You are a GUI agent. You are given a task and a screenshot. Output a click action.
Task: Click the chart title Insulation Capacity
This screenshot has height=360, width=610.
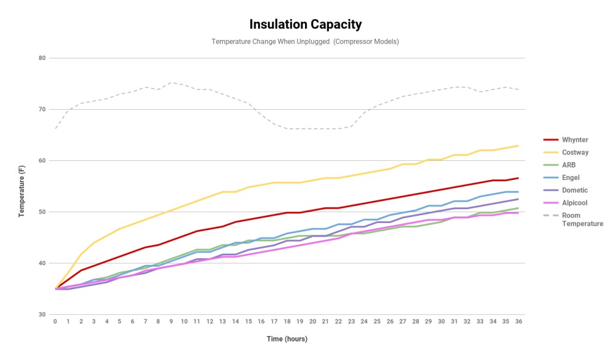tap(305, 24)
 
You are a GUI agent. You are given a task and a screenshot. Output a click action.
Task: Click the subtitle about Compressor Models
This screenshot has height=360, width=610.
tap(305, 42)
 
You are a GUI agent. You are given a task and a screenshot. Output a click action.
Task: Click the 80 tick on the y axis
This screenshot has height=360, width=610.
tap(42, 58)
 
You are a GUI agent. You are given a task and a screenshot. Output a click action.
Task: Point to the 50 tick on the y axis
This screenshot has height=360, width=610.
tap(42, 212)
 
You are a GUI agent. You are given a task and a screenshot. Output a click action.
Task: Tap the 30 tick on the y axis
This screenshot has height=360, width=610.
tap(42, 314)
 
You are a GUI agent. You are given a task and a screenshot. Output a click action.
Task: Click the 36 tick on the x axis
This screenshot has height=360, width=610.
tap(518, 321)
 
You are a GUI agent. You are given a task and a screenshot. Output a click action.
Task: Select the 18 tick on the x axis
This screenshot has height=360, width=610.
tap(287, 321)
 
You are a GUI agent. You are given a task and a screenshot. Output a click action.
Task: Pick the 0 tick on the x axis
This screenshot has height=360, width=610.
tap(55, 321)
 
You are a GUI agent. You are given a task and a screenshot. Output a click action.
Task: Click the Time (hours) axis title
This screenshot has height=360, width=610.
tap(287, 339)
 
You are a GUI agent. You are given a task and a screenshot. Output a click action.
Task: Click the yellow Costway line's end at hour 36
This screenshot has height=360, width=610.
tap(518, 145)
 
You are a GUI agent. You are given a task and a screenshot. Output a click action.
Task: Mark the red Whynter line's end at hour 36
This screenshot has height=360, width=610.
tap(518, 178)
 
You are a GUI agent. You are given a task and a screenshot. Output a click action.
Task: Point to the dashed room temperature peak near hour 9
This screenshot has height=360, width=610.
tap(171, 83)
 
